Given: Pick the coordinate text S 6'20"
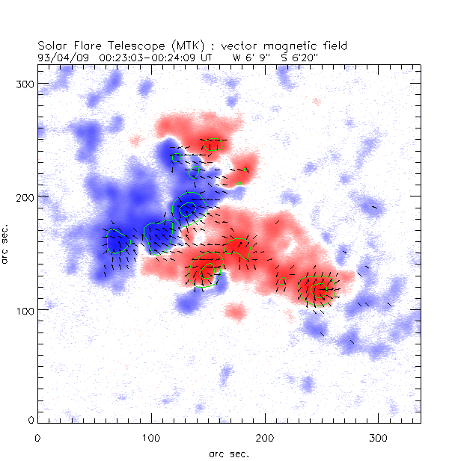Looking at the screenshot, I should pos(299,56).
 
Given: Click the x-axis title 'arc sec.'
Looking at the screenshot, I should pos(229,453).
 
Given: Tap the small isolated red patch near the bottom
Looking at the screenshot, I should pos(235,311).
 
